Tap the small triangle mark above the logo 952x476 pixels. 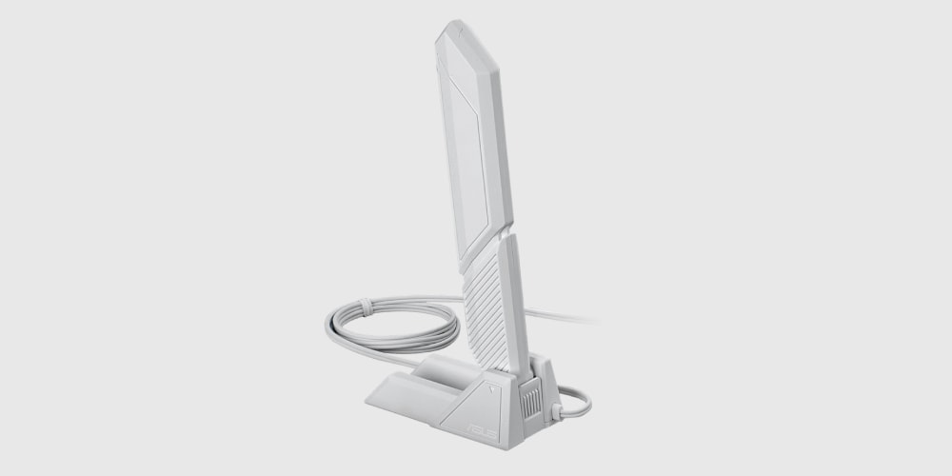tap(491, 387)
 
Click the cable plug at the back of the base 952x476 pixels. tap(556, 411)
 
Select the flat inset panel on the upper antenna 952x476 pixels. tap(467, 170)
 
